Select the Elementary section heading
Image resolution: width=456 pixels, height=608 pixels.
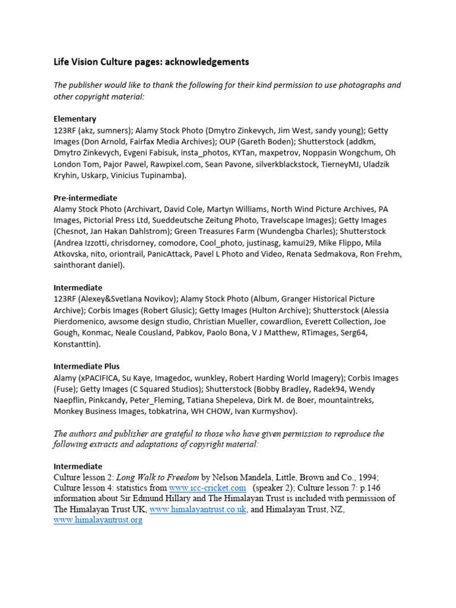75,119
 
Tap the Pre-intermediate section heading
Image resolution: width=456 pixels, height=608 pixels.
85,198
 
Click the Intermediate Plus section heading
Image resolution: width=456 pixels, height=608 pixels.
87,366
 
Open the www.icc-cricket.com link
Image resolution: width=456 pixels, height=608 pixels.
207,488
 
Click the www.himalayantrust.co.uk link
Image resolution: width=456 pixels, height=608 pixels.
198,509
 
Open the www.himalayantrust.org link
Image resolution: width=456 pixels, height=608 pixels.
98,520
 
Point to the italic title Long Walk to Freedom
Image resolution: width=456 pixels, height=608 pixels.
157,477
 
